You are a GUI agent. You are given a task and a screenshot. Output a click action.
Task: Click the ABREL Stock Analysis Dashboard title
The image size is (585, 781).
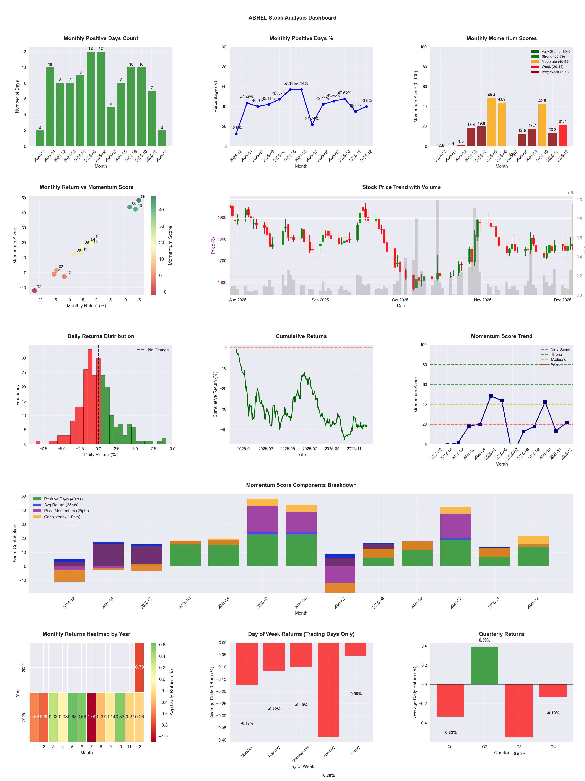pyautogui.click(x=292, y=18)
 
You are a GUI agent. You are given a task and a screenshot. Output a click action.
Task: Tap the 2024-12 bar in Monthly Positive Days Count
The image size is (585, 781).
pyautogui.click(x=40, y=138)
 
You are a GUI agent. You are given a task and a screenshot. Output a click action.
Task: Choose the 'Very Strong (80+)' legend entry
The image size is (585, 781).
pyautogui.click(x=555, y=52)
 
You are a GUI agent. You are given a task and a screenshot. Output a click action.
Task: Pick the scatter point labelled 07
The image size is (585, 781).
pyautogui.click(x=34, y=290)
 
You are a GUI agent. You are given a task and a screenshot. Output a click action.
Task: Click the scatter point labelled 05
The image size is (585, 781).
pyautogui.click(x=139, y=200)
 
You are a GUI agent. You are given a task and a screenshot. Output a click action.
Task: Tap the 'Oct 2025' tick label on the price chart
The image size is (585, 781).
pyautogui.click(x=400, y=300)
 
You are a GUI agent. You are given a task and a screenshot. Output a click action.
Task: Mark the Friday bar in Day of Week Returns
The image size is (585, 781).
pyautogui.click(x=356, y=649)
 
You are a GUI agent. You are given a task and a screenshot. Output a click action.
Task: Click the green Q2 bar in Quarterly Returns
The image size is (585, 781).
pyautogui.click(x=484, y=666)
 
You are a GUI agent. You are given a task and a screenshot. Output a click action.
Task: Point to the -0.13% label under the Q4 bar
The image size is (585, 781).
pyautogui.click(x=553, y=713)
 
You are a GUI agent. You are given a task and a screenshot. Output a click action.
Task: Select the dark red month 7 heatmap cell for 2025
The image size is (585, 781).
pyautogui.click(x=91, y=717)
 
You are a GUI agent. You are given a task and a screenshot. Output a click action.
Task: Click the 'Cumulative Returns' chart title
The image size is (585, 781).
pyautogui.click(x=301, y=336)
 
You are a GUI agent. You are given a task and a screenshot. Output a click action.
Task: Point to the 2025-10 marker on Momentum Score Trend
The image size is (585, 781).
pyautogui.click(x=545, y=402)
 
